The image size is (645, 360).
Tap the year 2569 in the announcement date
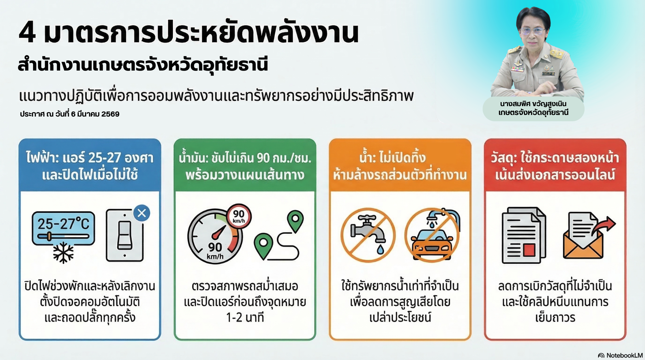[x=110, y=114]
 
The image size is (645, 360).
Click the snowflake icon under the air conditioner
[x=63, y=253]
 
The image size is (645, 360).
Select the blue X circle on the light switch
[x=142, y=213]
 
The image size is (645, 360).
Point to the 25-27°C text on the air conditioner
[x=63, y=224]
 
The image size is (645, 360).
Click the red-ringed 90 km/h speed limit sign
[x=239, y=216]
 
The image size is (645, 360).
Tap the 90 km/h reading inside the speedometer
[x=215, y=251]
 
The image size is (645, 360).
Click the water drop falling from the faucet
[x=380, y=249]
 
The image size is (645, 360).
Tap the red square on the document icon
[x=529, y=249]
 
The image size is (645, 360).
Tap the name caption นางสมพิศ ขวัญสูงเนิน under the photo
[x=533, y=104]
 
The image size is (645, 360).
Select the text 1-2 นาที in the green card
[x=245, y=317]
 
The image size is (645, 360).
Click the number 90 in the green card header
[x=263, y=158]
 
